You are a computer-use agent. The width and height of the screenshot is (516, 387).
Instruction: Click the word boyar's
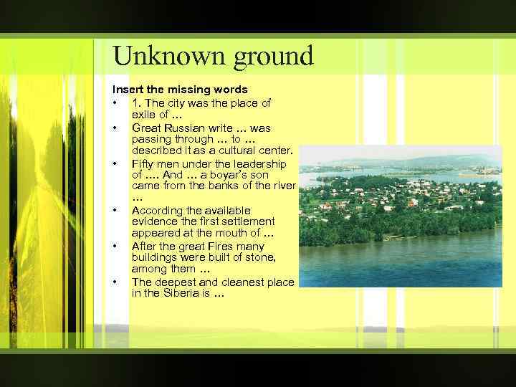coord(220,174)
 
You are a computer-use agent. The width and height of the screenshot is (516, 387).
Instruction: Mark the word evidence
coord(156,221)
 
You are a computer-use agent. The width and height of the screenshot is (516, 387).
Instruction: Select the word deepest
coord(175,282)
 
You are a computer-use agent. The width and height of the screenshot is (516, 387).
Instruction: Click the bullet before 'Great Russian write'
coord(115,128)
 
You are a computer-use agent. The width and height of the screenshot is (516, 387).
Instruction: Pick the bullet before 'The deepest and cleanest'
coord(115,282)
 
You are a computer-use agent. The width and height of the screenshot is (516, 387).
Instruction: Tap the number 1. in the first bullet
coord(136,102)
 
